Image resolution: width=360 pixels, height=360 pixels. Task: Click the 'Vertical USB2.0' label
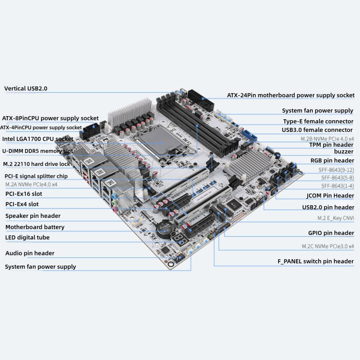[26, 89]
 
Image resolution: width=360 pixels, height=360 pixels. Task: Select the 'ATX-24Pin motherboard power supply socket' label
[290, 95]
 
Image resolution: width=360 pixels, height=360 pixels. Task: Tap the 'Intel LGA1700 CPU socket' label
[37, 139]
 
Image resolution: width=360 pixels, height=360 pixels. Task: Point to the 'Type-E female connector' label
[318, 121]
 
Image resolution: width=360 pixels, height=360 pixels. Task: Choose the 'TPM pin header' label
[331, 145]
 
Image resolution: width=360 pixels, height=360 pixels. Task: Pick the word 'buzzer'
[344, 152]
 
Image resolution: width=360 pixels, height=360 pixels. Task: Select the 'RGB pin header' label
[332, 161]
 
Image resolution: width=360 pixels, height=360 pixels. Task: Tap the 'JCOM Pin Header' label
[330, 196]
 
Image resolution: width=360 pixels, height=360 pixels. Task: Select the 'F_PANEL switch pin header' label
[315, 261]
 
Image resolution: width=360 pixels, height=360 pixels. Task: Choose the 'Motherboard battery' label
[35, 227]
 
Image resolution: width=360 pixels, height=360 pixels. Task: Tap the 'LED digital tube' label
[27, 238]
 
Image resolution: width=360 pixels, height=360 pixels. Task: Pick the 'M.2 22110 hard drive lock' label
[36, 164]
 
